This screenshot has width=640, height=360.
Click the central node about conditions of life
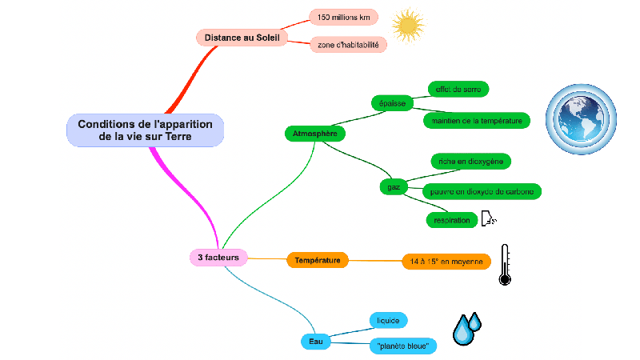click(144, 130)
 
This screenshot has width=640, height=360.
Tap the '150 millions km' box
click(343, 17)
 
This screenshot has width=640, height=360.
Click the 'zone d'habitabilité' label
click(348, 45)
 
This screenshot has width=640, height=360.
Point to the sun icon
click(409, 25)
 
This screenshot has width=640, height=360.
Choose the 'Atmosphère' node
click(315, 133)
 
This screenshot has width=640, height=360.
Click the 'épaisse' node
click(392, 103)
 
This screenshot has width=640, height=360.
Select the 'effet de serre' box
click(458, 88)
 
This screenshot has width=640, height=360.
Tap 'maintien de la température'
click(476, 121)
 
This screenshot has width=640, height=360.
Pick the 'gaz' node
click(394, 187)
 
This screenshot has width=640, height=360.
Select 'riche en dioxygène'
click(470, 161)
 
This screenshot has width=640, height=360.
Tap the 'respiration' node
click(451, 219)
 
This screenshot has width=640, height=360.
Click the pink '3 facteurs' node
click(218, 257)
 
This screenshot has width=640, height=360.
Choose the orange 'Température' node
click(317, 260)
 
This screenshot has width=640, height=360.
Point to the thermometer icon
click(504, 265)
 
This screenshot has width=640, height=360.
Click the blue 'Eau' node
click(315, 342)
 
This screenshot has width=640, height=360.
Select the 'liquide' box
click(388, 321)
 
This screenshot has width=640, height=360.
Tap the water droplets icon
click(466, 328)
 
